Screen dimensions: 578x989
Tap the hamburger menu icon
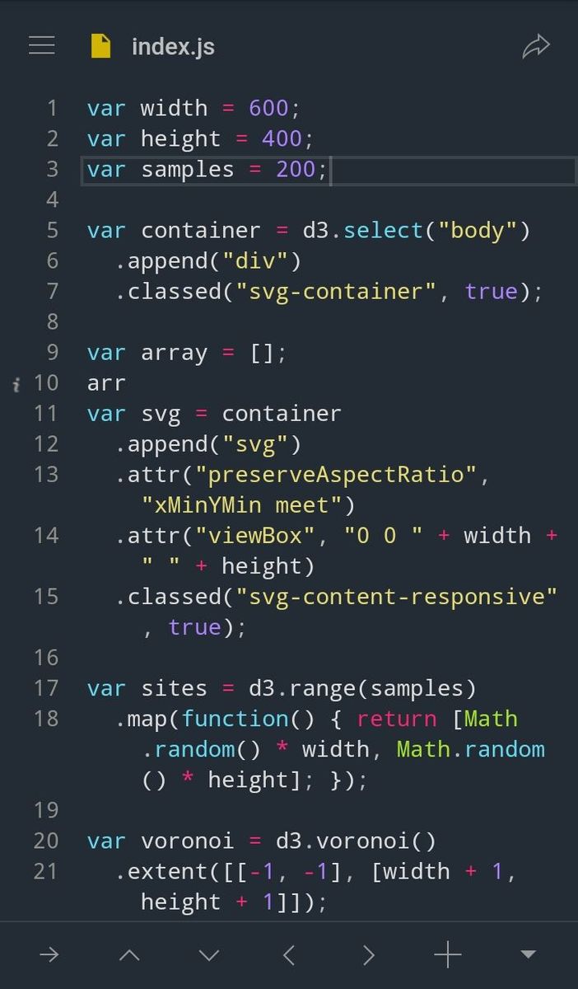click(42, 46)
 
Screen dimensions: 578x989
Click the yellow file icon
click(100, 46)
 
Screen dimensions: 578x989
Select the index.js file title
click(174, 47)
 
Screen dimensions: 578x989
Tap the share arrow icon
click(536, 46)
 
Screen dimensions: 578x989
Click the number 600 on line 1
click(268, 108)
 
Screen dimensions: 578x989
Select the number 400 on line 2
click(282, 138)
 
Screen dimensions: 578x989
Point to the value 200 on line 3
click(296, 169)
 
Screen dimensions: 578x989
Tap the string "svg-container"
click(336, 292)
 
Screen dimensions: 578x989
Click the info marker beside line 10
click(16, 385)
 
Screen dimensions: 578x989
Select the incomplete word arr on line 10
click(106, 383)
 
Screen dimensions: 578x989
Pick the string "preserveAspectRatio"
click(336, 475)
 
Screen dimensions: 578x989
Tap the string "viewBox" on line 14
click(255, 536)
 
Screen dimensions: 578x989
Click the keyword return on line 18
click(397, 719)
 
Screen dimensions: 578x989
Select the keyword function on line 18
click(235, 719)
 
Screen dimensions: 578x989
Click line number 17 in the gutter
click(46, 688)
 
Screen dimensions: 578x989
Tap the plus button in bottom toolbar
click(448, 954)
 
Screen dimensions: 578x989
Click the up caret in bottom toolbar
click(129, 955)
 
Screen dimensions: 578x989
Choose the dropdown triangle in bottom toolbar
click(528, 954)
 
